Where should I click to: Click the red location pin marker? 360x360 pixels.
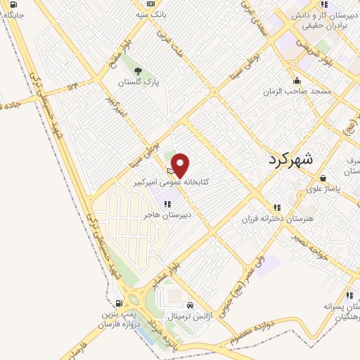181,165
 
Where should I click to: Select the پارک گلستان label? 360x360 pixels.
139,82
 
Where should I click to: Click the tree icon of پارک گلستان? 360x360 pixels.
139,70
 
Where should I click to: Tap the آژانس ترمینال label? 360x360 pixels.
190,318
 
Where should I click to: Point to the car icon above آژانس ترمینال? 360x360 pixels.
190,306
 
